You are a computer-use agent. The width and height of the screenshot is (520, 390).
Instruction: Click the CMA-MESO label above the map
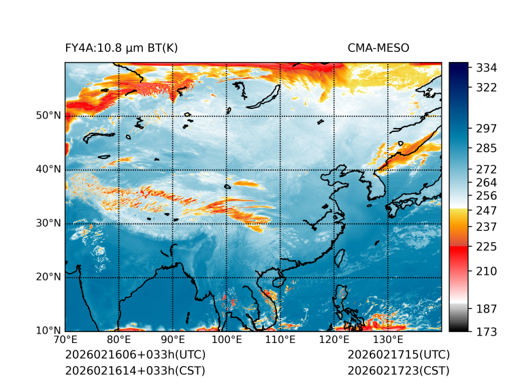click(x=378, y=48)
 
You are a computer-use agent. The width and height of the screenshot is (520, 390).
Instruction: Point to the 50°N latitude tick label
click(x=48, y=115)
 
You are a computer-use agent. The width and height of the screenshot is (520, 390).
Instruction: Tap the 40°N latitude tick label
click(x=48, y=169)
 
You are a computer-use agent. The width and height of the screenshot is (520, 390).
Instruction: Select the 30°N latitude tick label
click(x=48, y=223)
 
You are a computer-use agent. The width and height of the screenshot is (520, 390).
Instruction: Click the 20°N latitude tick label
click(x=48, y=276)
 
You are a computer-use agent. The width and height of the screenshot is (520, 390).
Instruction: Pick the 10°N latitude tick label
click(x=48, y=330)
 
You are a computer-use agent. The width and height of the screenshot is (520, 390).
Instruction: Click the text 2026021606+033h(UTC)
click(x=135, y=355)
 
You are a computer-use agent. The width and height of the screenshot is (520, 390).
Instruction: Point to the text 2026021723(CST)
click(x=398, y=370)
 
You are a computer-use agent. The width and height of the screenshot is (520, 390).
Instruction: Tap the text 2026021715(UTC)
click(x=398, y=355)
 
